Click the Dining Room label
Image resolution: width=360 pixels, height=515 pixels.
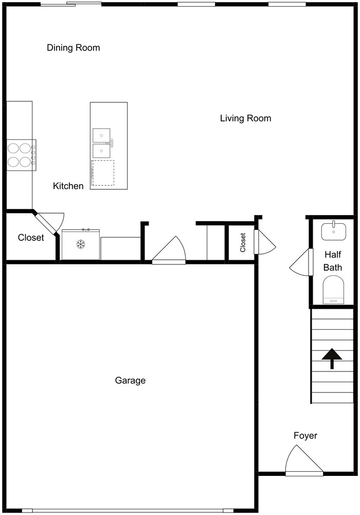click(74, 48)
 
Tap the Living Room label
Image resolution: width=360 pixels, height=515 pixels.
click(245, 118)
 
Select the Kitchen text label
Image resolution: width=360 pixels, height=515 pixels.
click(68, 186)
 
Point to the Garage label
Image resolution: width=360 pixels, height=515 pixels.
click(130, 380)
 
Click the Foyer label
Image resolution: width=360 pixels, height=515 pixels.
click(305, 436)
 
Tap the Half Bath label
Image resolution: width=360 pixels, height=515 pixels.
click(333, 261)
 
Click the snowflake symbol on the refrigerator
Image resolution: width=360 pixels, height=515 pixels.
click(81, 245)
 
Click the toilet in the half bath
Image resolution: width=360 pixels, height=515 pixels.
click(333, 290)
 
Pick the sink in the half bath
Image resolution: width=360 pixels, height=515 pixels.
click(333, 231)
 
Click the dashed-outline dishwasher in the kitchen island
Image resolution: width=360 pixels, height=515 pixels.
click(103, 173)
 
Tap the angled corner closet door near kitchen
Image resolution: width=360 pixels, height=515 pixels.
click(49, 222)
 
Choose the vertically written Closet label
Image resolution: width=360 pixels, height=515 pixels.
click(243, 242)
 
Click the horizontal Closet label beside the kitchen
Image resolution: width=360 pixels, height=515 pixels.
click(31, 238)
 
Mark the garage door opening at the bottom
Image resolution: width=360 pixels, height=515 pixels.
click(129, 510)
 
